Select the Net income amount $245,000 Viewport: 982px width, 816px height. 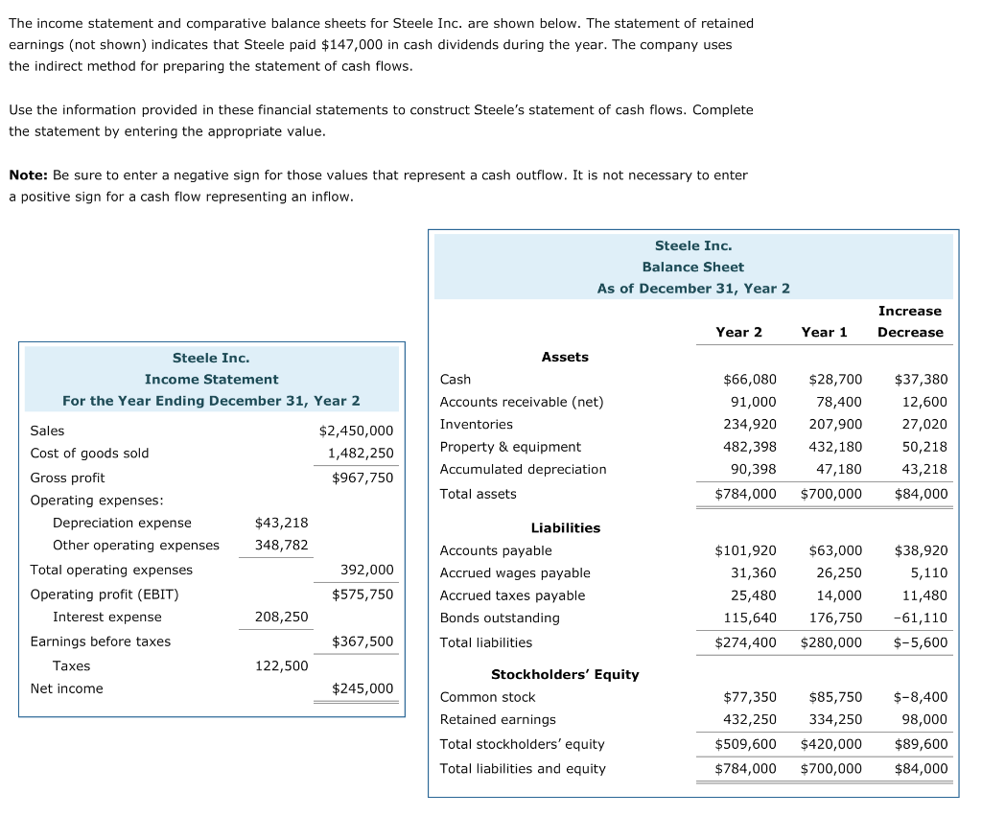click(362, 688)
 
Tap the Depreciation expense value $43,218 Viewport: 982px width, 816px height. click(281, 523)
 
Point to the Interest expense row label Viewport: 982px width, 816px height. click(107, 617)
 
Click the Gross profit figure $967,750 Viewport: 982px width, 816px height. click(362, 478)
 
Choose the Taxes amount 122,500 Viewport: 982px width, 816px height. click(281, 665)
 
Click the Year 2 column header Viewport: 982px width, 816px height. click(738, 332)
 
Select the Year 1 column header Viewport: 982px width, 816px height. click(824, 332)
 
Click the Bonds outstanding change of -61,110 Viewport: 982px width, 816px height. click(920, 618)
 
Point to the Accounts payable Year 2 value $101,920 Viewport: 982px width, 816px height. click(745, 550)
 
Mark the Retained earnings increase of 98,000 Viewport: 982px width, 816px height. click(924, 719)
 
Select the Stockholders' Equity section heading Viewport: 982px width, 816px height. click(564, 674)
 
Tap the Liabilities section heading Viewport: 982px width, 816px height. click(565, 527)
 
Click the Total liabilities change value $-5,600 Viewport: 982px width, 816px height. click(922, 642)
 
